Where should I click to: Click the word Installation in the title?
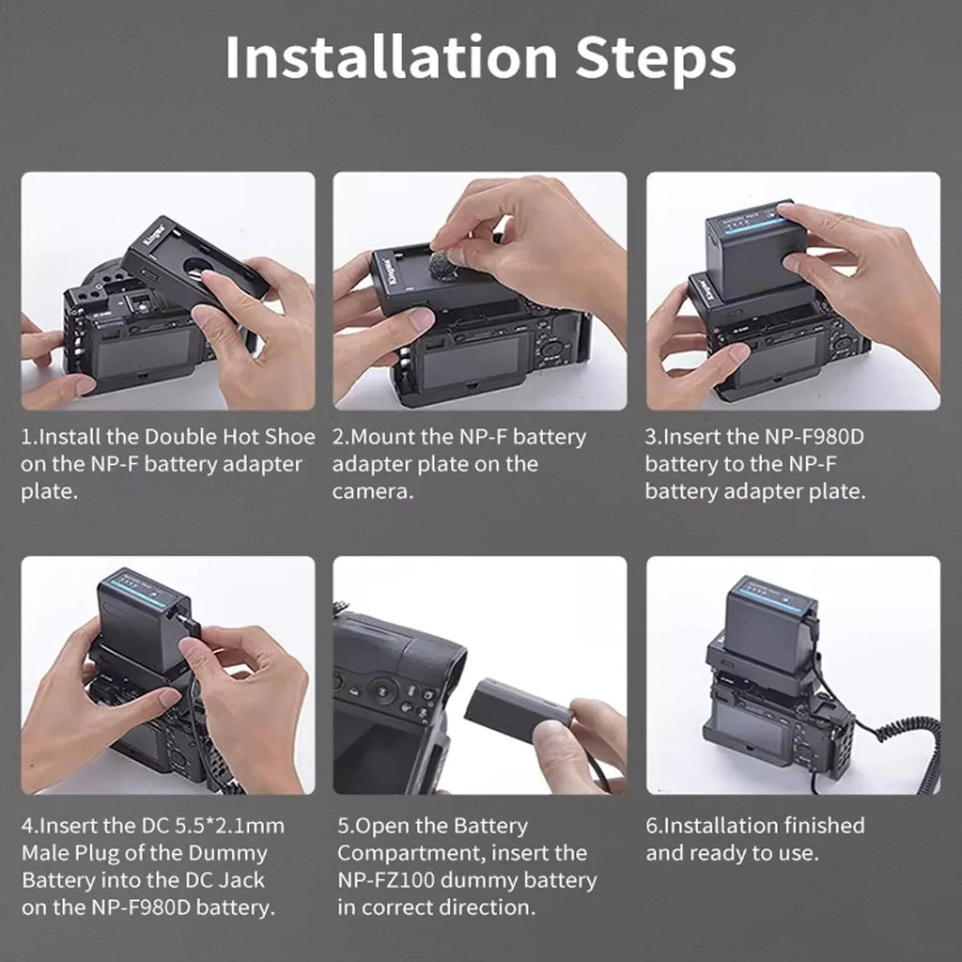392,57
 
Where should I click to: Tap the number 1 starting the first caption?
25,437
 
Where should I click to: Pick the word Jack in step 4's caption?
241,879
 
